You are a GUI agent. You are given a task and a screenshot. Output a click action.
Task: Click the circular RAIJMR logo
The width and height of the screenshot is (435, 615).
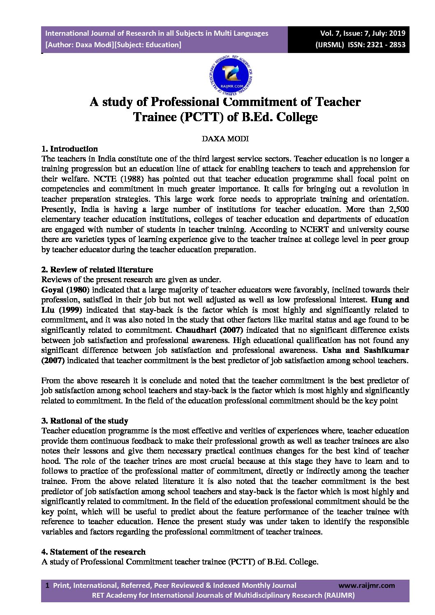pos(225,74)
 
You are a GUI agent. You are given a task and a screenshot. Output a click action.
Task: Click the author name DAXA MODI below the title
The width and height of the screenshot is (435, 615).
pos(225,138)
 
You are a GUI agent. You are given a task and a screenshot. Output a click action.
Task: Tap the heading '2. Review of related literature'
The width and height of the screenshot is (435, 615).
pos(97,269)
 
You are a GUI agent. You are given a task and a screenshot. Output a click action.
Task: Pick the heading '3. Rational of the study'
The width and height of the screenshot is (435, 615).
pos(85,421)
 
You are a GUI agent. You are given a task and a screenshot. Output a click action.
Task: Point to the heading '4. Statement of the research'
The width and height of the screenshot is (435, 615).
pos(93,552)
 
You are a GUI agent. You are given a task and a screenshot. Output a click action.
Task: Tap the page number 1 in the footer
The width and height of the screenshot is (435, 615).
pos(47,585)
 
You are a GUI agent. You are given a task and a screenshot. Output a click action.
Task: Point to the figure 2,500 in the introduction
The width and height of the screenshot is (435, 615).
pos(398,209)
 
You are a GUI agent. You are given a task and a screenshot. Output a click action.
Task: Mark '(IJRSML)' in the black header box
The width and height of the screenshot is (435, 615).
pos(329,45)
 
